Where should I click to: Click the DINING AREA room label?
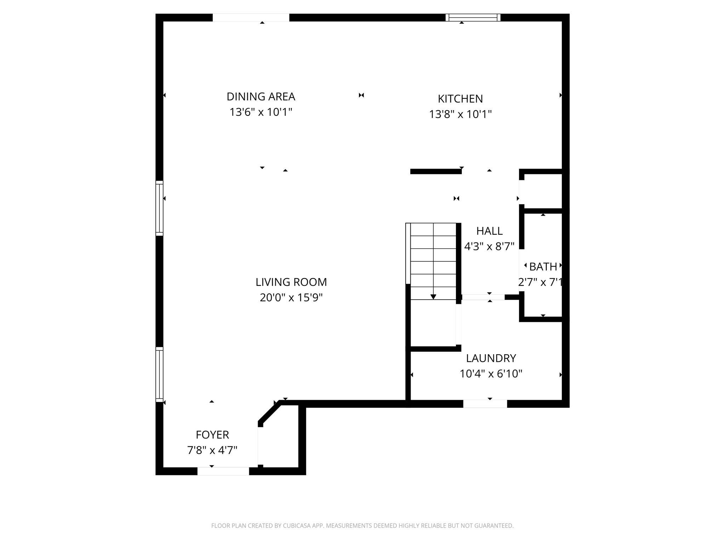click(x=261, y=97)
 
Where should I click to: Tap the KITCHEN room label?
click(x=460, y=99)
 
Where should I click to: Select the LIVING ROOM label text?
click(x=291, y=282)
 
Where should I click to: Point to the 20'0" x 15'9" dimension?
click(x=291, y=298)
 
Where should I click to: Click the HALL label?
click(x=489, y=231)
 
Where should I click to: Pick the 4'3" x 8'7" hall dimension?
click(x=489, y=246)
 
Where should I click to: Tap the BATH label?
click(x=543, y=267)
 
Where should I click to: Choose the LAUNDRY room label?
click(x=491, y=358)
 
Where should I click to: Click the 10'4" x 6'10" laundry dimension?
click(x=491, y=374)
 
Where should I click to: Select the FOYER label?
click(x=212, y=435)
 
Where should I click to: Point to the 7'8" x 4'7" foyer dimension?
click(x=212, y=450)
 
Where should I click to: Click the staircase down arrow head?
click(x=433, y=297)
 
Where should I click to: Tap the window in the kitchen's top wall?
click(x=473, y=18)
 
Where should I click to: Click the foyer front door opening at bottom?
click(x=223, y=471)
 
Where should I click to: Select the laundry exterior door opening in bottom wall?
click(x=485, y=404)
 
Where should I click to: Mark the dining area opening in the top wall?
click(x=251, y=18)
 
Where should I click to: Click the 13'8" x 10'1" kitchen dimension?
click(x=460, y=114)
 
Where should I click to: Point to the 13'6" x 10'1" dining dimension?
click(x=261, y=112)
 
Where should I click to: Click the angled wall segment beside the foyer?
click(x=270, y=413)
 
